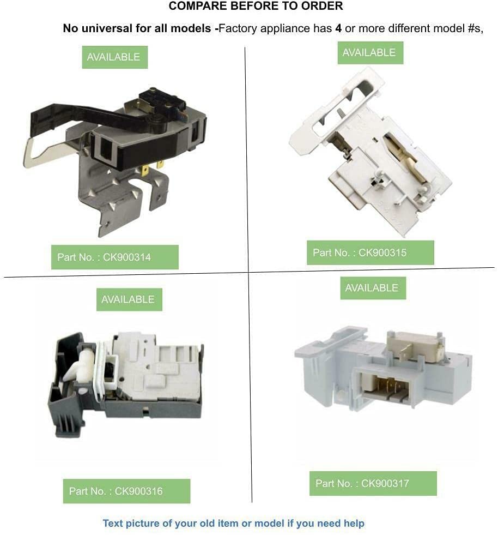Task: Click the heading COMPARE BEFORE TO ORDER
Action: click(256, 6)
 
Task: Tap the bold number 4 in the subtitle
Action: click(338, 28)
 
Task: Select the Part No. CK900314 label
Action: click(115, 257)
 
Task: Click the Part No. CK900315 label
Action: click(370, 253)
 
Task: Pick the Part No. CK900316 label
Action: click(126, 491)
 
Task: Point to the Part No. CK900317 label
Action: click(373, 483)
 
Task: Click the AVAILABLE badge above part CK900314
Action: click(115, 57)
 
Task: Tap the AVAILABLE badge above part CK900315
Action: click(371, 52)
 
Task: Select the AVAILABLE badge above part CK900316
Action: click(129, 299)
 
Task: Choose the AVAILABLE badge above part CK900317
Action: click(373, 288)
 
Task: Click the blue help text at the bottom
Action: click(234, 523)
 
